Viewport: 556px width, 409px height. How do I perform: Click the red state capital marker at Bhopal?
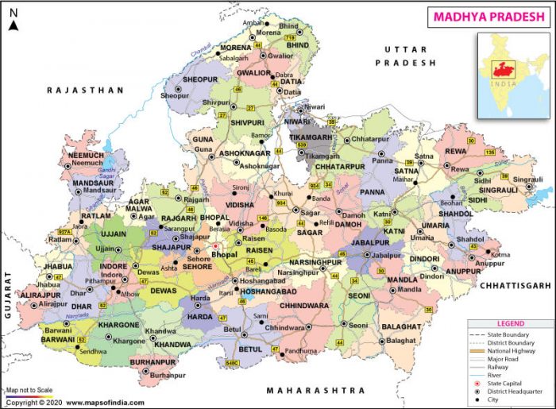215,246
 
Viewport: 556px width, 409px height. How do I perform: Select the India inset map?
512,73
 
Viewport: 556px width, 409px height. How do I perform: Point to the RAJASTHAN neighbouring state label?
86,91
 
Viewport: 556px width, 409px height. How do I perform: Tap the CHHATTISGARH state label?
514,284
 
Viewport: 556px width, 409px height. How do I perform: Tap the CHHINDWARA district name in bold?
303,303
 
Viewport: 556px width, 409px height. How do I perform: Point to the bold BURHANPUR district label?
153,362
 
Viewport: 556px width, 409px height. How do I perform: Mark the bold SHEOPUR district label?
199,80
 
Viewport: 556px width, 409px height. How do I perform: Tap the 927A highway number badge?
64,232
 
